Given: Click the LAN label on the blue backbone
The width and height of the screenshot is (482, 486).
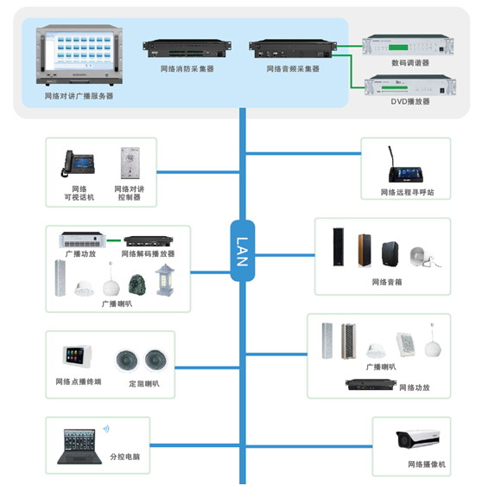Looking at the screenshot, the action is pos(243,252).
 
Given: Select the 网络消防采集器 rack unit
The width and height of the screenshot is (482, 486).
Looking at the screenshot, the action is pos(187,48).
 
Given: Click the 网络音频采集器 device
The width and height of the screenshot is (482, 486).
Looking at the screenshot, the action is pos(293,48).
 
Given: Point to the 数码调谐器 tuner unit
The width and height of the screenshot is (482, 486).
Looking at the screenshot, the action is pos(408,45).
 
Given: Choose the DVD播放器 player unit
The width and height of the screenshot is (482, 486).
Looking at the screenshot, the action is pos(409,86).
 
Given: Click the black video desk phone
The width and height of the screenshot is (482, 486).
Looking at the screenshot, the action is pos(78,163).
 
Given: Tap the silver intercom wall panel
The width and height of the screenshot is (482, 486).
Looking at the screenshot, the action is pos(130,163).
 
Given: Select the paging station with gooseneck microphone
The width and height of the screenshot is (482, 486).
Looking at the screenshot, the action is pos(405,168).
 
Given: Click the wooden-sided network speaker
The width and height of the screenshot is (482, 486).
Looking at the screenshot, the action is pos(365,250).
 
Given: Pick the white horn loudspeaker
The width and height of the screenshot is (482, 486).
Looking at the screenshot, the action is pos(424,257).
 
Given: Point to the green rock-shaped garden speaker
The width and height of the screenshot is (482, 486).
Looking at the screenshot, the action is pos(136,285).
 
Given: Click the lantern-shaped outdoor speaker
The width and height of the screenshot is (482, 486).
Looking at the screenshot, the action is pos(165,280).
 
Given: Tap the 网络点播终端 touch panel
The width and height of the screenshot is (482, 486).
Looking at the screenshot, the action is pos(77,356).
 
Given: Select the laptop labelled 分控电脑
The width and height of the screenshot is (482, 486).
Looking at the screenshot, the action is pos(79,446).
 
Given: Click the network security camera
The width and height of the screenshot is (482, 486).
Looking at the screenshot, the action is pos(417,438).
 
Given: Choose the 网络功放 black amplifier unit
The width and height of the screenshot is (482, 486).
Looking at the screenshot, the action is pos(371,384).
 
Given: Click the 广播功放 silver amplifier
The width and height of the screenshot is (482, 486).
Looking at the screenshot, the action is pos(82,240).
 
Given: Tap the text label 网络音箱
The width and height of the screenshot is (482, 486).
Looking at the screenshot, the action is pos(387,282).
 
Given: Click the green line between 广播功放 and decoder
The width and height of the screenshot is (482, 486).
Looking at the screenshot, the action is pos(114,240).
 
